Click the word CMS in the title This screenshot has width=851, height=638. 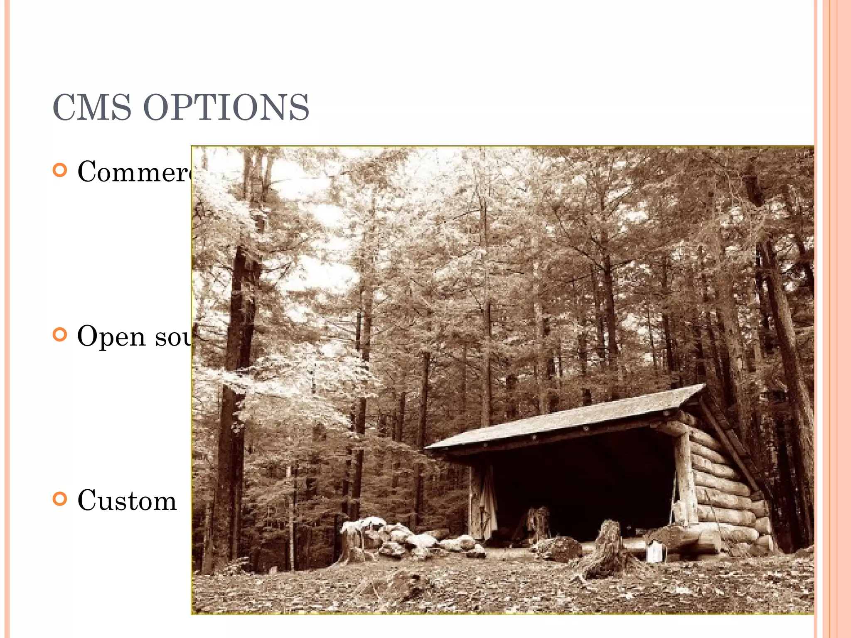pos(92,107)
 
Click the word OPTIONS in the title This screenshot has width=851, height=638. pos(226,107)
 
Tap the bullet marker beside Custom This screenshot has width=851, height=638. pos(60,499)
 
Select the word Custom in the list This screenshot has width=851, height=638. pos(127,501)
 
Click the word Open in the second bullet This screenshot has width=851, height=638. pos(111,336)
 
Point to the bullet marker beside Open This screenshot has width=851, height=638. pos(60,334)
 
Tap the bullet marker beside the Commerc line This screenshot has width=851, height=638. pos(60,170)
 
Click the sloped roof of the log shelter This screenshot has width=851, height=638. pos(565,417)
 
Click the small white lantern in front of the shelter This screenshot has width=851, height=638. pos(656,552)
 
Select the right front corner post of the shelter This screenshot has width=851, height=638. pos(686,478)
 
